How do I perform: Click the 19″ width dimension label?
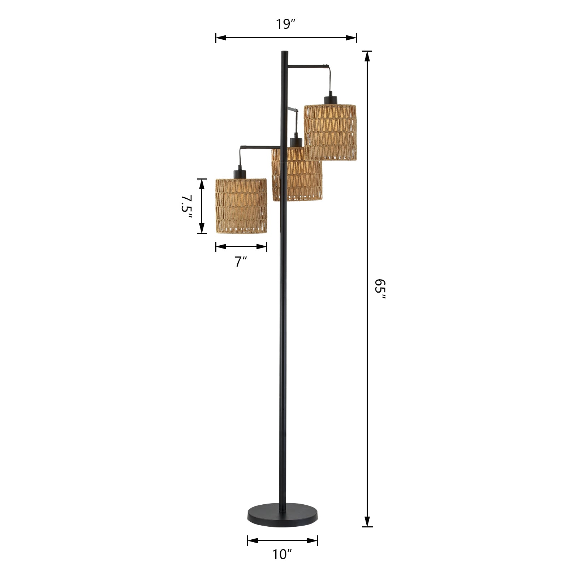[x=286, y=24]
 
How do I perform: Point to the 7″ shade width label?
[x=241, y=261]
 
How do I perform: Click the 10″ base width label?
[x=282, y=555]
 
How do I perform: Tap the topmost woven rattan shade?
[x=330, y=132]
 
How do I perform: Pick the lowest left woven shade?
[x=241, y=206]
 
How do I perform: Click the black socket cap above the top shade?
[x=330, y=100]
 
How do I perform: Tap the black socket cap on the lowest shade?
[x=240, y=173]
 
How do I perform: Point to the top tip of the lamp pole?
[x=284, y=53]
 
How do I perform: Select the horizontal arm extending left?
[x=260, y=147]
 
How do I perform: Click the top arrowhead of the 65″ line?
[x=367, y=56]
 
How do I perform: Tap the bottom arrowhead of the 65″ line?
[x=367, y=522]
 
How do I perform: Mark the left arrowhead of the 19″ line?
[x=221, y=38]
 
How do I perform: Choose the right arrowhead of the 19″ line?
[x=351, y=38]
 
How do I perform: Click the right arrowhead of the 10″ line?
[x=313, y=540]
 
